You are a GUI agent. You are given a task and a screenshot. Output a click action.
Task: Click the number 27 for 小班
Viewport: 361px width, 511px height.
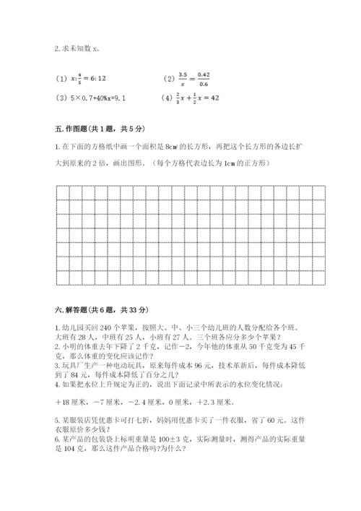click(192, 335)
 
